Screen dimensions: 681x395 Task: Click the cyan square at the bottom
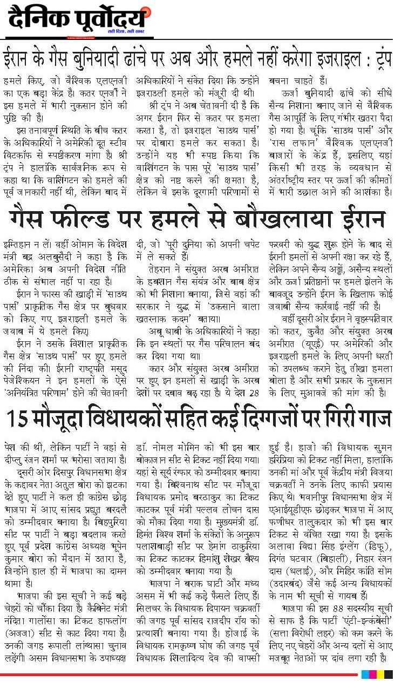pos(365,675)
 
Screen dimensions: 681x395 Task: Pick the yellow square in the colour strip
pos(380,675)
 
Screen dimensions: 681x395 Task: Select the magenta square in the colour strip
pos(373,675)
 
